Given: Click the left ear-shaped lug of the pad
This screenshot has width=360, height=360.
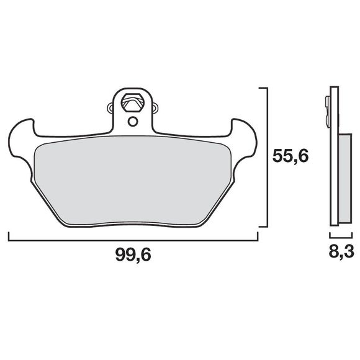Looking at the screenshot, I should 22,132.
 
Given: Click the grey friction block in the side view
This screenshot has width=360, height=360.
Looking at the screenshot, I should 343,178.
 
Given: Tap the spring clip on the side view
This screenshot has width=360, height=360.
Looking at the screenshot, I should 327,112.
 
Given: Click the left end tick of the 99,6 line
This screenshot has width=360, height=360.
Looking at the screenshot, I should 8,236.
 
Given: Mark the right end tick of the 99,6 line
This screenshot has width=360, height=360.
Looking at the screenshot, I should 256,236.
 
